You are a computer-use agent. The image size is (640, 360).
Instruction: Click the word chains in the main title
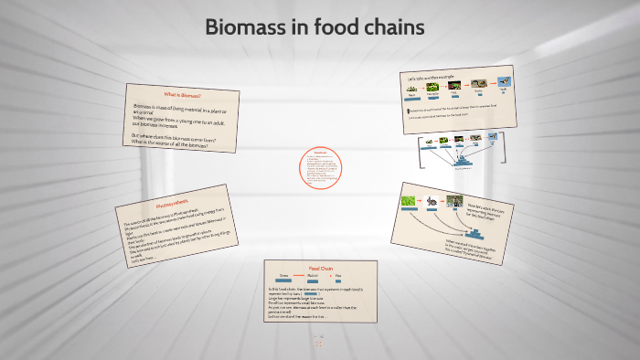coord(393,27)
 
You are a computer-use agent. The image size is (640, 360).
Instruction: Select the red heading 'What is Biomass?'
coord(182,95)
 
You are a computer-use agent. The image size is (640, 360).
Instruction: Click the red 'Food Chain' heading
coord(320,268)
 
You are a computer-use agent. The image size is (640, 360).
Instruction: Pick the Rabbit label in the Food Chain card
coord(311,275)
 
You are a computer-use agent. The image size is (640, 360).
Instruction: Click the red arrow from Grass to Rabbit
coord(297,275)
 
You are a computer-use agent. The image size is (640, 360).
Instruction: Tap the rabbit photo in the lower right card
coord(430,199)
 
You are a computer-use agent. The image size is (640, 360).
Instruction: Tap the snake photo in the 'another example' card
coord(477,84)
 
